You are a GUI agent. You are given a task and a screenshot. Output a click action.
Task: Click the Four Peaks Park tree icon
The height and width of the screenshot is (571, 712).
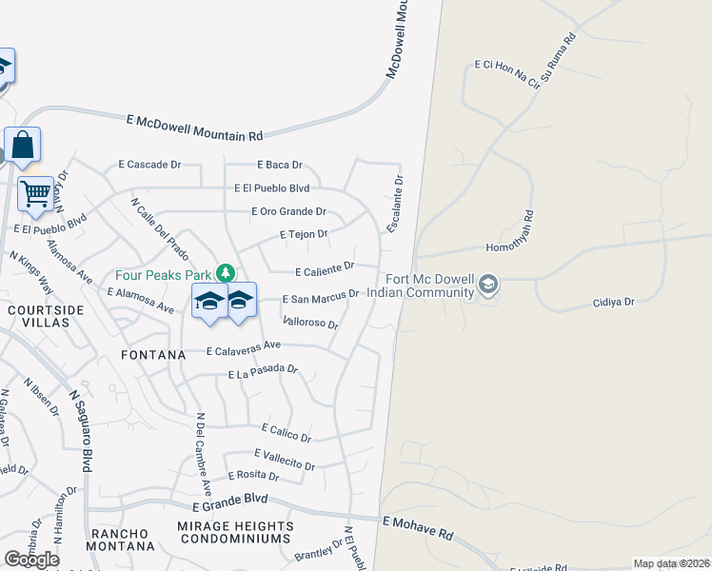click(225, 273)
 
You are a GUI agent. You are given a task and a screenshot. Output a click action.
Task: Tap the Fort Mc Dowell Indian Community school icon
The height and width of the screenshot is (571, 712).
click(488, 285)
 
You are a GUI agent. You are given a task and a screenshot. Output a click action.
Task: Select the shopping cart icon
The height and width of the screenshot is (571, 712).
click(35, 193)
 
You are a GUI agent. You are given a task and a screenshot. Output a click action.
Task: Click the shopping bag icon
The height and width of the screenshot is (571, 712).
click(23, 146)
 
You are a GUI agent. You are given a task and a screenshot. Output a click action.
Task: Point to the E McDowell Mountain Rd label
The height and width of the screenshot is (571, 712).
click(194, 128)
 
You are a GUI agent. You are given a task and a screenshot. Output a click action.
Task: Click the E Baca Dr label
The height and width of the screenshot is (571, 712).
click(279, 165)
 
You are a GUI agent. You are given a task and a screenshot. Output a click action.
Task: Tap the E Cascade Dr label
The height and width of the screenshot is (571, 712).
click(149, 165)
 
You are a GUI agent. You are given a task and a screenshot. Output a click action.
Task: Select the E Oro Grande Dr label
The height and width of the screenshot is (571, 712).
click(288, 211)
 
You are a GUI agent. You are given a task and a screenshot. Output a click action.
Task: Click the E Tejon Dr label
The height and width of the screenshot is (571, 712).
click(304, 234)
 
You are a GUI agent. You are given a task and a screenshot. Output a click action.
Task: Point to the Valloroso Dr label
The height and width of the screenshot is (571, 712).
click(310, 323)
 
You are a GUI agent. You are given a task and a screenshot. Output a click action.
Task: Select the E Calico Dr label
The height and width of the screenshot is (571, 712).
click(280, 433)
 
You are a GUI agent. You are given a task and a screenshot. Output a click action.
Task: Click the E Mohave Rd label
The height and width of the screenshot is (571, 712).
click(418, 527)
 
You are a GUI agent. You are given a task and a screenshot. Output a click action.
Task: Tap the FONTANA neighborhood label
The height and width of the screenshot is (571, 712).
click(152, 355)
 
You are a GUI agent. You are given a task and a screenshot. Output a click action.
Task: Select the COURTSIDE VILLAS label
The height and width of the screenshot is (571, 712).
click(45, 317)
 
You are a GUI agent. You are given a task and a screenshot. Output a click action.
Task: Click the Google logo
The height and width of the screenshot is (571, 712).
click(31, 560)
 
